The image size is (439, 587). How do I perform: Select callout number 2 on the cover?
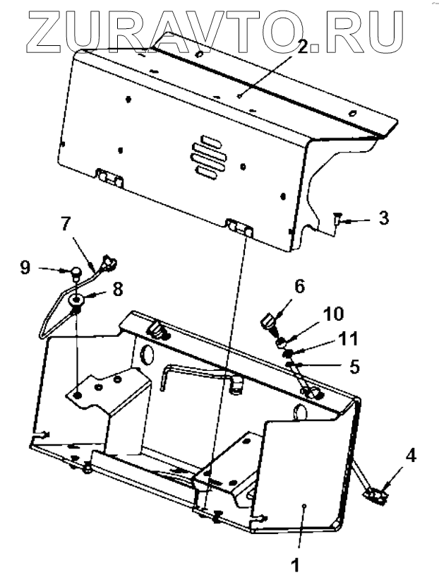303,47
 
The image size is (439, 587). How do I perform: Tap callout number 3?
383,218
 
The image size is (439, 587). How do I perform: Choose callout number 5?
354,367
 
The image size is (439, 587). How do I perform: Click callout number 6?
299,286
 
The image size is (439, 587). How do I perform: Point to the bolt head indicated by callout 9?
73,269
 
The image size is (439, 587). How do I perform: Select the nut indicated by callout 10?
281,342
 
